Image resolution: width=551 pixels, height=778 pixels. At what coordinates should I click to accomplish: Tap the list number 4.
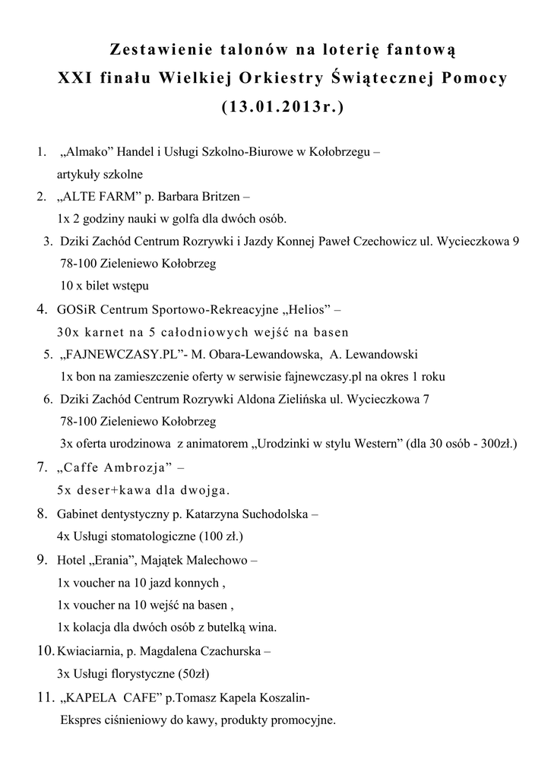[42, 309]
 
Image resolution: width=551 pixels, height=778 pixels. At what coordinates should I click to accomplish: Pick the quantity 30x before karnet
[67, 332]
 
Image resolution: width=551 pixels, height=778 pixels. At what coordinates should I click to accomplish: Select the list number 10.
[45, 651]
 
